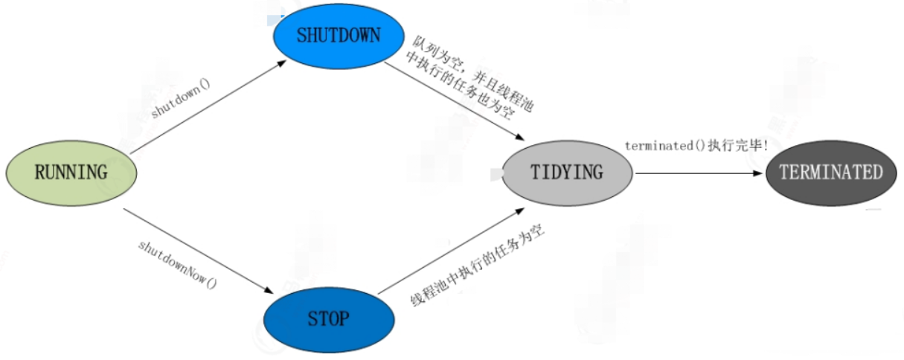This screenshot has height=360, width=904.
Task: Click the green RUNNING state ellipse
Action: (x=71, y=173)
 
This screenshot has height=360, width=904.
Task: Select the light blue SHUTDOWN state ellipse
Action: (x=339, y=36)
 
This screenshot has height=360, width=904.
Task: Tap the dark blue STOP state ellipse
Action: (x=329, y=320)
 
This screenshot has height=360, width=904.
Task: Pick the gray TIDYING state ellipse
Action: (x=568, y=173)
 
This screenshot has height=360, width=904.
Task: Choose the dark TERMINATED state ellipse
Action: (x=831, y=173)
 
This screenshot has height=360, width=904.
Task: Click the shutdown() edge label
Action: (x=180, y=98)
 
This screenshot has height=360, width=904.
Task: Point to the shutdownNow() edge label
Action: (x=178, y=265)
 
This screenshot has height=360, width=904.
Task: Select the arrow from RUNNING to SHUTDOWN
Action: (x=208, y=107)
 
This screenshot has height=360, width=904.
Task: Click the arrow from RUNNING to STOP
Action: (x=199, y=251)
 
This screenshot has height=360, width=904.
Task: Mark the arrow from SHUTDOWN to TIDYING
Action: (x=454, y=101)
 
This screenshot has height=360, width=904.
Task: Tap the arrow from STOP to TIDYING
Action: (x=451, y=251)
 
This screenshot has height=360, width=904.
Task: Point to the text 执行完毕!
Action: (x=738, y=145)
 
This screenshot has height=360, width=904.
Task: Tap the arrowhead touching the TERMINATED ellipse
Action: (x=757, y=173)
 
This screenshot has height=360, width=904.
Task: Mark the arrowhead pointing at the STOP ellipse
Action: (x=269, y=291)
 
